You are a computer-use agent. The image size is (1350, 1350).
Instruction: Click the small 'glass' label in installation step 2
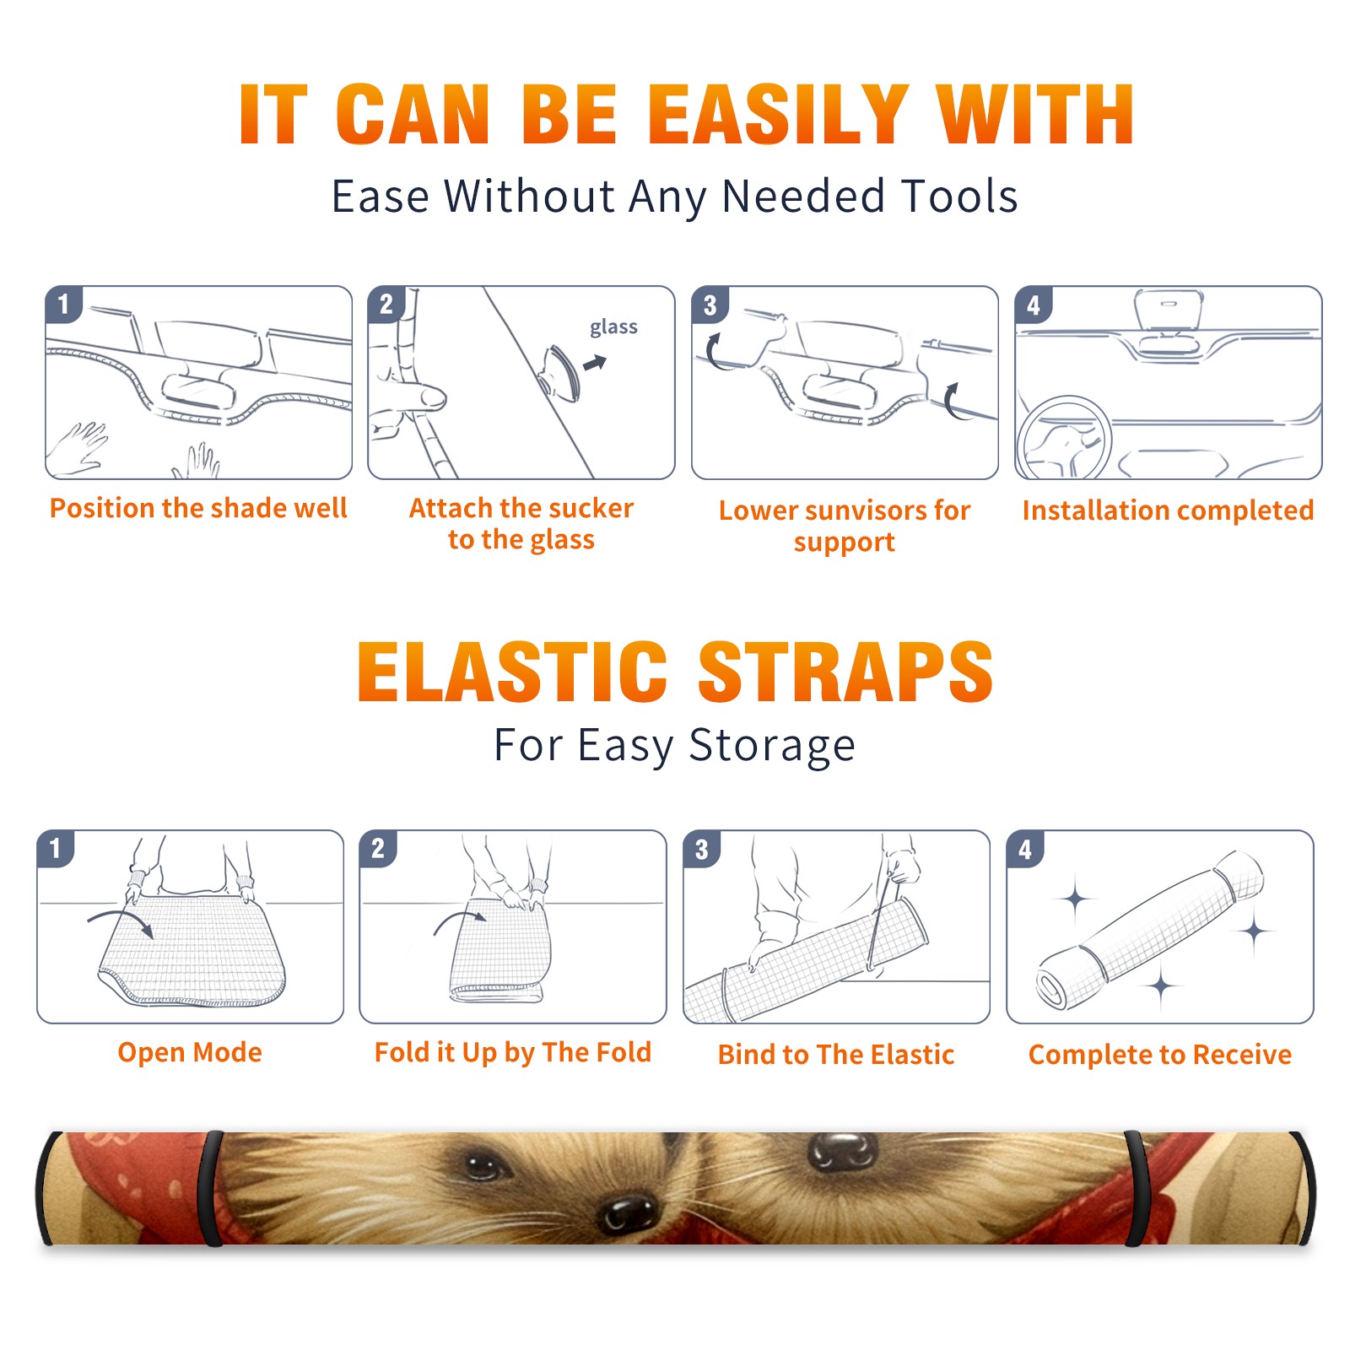[613, 327]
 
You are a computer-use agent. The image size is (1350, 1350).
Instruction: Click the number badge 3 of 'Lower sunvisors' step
[709, 305]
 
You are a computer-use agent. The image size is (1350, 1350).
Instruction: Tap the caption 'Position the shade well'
[198, 508]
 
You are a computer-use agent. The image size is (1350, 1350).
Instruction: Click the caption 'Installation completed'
[1168, 510]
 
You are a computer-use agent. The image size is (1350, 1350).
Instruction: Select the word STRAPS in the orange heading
[845, 672]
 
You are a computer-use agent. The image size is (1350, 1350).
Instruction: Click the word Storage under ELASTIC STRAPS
[772, 746]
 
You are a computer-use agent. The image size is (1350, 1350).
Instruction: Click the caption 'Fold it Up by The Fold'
[513, 1053]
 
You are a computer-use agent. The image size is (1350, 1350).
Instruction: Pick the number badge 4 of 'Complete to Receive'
[1024, 849]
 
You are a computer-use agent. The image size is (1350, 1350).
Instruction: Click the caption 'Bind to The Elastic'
[836, 1055]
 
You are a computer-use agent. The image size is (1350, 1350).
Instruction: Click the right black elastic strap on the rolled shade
[1137, 1188]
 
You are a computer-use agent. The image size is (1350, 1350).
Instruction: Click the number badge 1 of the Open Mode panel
[55, 849]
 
